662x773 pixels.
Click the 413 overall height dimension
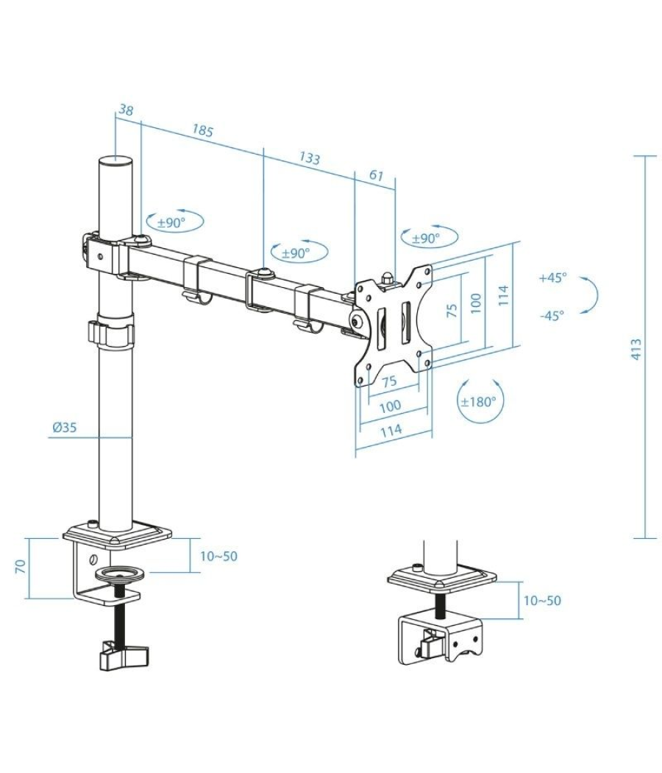636,347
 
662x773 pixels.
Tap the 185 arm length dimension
203,131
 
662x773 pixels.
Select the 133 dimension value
309,158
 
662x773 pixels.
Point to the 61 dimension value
376,175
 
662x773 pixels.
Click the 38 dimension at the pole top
126,110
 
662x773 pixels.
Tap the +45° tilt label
552,278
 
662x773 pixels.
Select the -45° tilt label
552,315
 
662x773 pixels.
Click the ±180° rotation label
478,402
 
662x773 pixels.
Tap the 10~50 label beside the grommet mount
541,600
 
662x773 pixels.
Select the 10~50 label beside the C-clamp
218,556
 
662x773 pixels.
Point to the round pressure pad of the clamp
117,574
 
